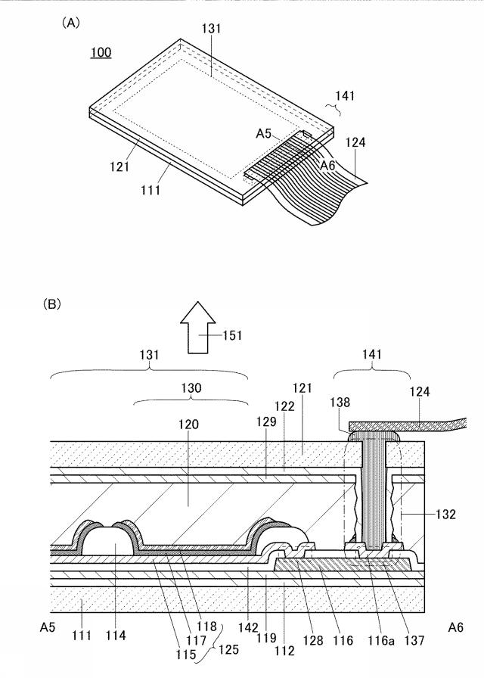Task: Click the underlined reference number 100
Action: pyautogui.click(x=101, y=53)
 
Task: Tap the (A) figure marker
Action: pyautogui.click(x=70, y=23)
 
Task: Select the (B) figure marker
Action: pyautogui.click(x=51, y=304)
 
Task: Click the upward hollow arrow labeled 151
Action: pyautogui.click(x=197, y=328)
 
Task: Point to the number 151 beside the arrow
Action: pyautogui.click(x=232, y=335)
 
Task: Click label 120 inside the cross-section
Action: pyautogui.click(x=189, y=425)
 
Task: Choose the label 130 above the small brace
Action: pyautogui.click(x=191, y=388)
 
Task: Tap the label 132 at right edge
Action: pyautogui.click(x=445, y=514)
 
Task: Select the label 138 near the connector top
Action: pyautogui.click(x=340, y=402)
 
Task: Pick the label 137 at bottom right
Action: pyautogui.click(x=414, y=640)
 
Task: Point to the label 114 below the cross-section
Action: pyautogui.click(x=116, y=635)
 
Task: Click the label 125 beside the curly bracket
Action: pyautogui.click(x=228, y=649)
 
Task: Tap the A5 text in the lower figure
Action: pyautogui.click(x=48, y=627)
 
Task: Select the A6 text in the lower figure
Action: pyautogui.click(x=455, y=627)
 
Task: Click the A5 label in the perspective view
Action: pyautogui.click(x=264, y=134)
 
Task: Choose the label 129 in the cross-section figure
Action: pyautogui.click(x=266, y=421)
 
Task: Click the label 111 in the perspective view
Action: pyautogui.click(x=150, y=189)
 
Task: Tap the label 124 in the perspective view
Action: pyautogui.click(x=355, y=142)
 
